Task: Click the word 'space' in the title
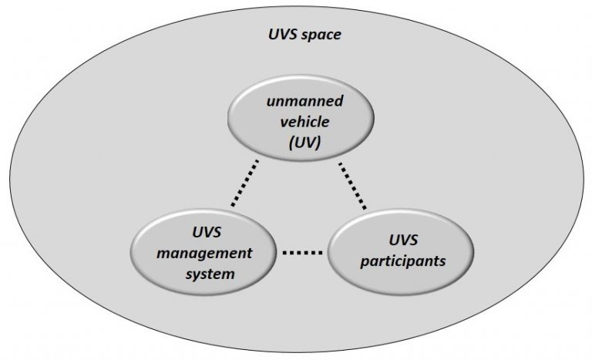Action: pos(322,35)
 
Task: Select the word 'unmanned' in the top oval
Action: pos(304,101)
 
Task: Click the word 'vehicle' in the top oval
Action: pos(304,122)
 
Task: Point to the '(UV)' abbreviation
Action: pos(304,143)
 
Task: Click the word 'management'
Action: pos(204,254)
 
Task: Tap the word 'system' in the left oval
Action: pos(210,274)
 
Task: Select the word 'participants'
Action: pos(403,261)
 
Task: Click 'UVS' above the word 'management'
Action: pos(207,232)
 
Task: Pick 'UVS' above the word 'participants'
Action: pos(403,241)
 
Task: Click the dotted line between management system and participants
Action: pos(302,253)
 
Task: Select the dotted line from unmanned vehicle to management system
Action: pos(245,183)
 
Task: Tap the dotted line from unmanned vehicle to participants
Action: pos(352,186)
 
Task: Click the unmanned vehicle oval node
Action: pos(301,118)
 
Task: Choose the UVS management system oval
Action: pos(203,252)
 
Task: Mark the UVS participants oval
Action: pos(401,252)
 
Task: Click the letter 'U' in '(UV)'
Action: pos(300,143)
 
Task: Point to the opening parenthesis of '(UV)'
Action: pos(291,143)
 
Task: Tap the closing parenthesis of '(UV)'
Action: pos(318,143)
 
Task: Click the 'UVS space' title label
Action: pos(305,35)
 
